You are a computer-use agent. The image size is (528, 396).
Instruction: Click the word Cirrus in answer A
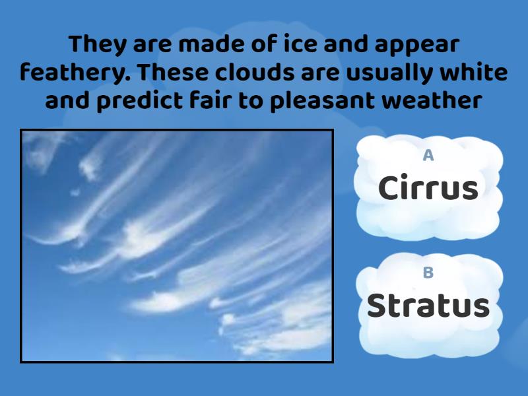pos(428,189)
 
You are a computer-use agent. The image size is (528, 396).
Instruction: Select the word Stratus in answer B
pos(428,306)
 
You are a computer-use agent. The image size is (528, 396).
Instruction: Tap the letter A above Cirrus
pos(428,156)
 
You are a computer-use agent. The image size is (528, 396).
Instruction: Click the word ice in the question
pos(294,44)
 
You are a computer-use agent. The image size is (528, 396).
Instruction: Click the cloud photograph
pos(177,246)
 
